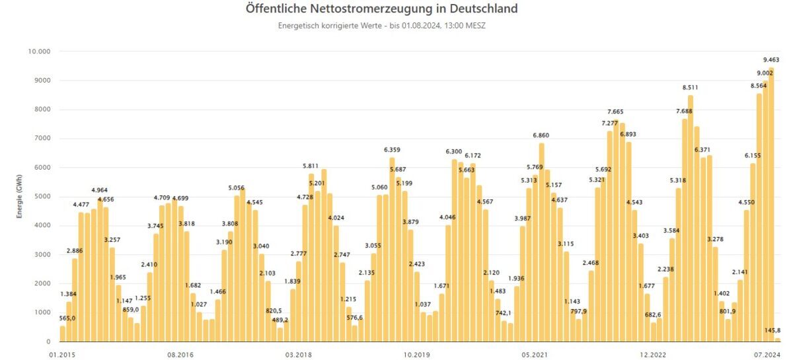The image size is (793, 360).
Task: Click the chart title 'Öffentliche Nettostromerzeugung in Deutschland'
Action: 381,9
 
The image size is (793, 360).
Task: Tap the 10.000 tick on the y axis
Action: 40,52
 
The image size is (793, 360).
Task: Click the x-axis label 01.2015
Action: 62,355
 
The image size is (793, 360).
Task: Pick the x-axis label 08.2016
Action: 180,355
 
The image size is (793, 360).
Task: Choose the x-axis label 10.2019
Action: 416,355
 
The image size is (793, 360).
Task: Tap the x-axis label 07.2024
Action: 769,355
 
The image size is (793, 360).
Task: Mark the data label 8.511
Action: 691,87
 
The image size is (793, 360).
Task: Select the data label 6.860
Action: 542,135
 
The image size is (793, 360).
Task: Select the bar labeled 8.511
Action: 691,219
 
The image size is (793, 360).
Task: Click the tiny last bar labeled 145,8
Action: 778,340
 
